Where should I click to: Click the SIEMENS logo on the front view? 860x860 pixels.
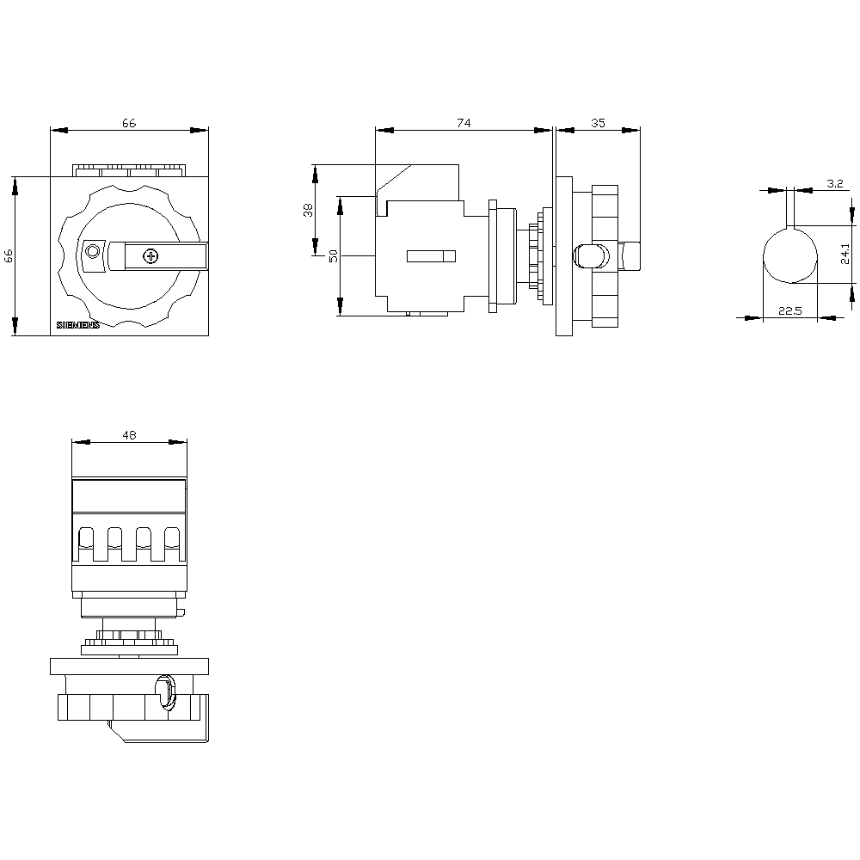tap(78, 325)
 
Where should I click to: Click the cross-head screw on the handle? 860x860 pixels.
tap(150, 255)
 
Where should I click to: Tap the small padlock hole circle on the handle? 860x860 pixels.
tap(93, 252)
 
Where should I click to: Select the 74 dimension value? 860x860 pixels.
tap(464, 123)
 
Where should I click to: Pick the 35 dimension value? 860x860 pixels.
tap(598, 123)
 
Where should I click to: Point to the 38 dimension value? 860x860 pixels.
tap(308, 210)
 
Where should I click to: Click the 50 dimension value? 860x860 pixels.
tap(334, 255)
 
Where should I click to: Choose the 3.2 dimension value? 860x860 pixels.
tap(835, 184)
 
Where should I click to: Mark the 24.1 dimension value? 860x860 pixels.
tap(845, 255)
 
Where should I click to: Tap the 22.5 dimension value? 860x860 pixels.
tap(789, 311)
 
